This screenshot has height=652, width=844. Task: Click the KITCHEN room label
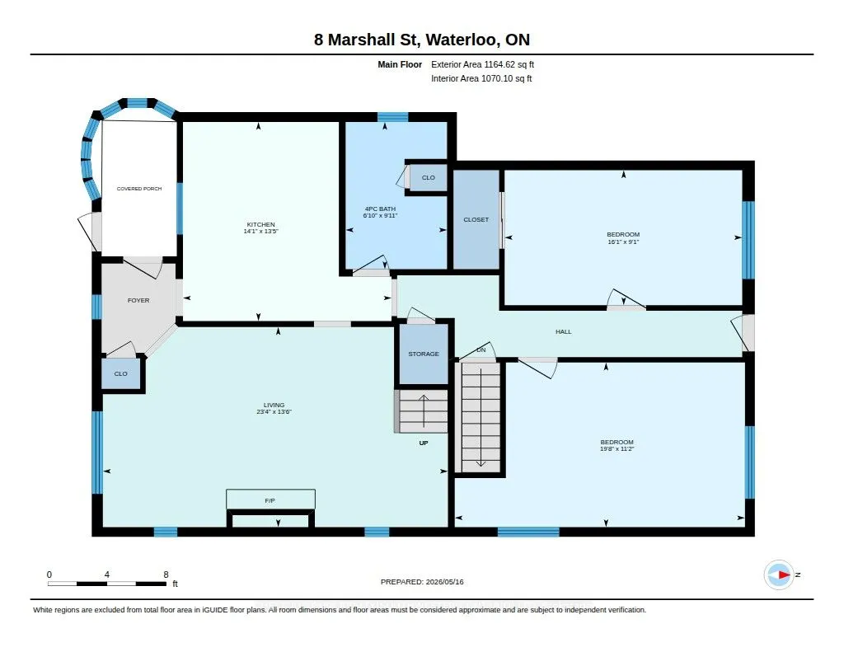point(261,224)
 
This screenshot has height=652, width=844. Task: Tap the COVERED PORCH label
point(139,189)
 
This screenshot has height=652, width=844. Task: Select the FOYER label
point(138,300)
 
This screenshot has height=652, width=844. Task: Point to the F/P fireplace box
point(270,499)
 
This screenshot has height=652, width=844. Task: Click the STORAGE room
point(424,354)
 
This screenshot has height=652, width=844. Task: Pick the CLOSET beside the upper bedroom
point(476,219)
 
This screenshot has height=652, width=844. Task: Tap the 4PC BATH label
point(381,209)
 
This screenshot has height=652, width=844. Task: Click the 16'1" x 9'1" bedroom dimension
point(623,242)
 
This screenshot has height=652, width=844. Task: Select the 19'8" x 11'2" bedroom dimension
point(617,449)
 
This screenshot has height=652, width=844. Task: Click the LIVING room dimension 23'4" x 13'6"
point(274,412)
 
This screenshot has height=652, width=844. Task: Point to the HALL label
point(564,331)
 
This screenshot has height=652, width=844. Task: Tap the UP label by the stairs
point(424,443)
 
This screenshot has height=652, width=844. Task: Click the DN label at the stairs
point(481,350)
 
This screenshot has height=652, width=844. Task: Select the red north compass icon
point(779,575)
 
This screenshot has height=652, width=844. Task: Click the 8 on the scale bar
point(166,575)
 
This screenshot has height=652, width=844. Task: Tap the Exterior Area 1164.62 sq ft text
point(482,64)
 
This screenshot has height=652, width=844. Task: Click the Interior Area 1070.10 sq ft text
point(481,78)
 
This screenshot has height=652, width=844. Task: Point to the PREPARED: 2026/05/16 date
point(422,582)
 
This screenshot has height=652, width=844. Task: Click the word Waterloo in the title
point(462,40)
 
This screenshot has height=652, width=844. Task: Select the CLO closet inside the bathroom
point(429,178)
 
